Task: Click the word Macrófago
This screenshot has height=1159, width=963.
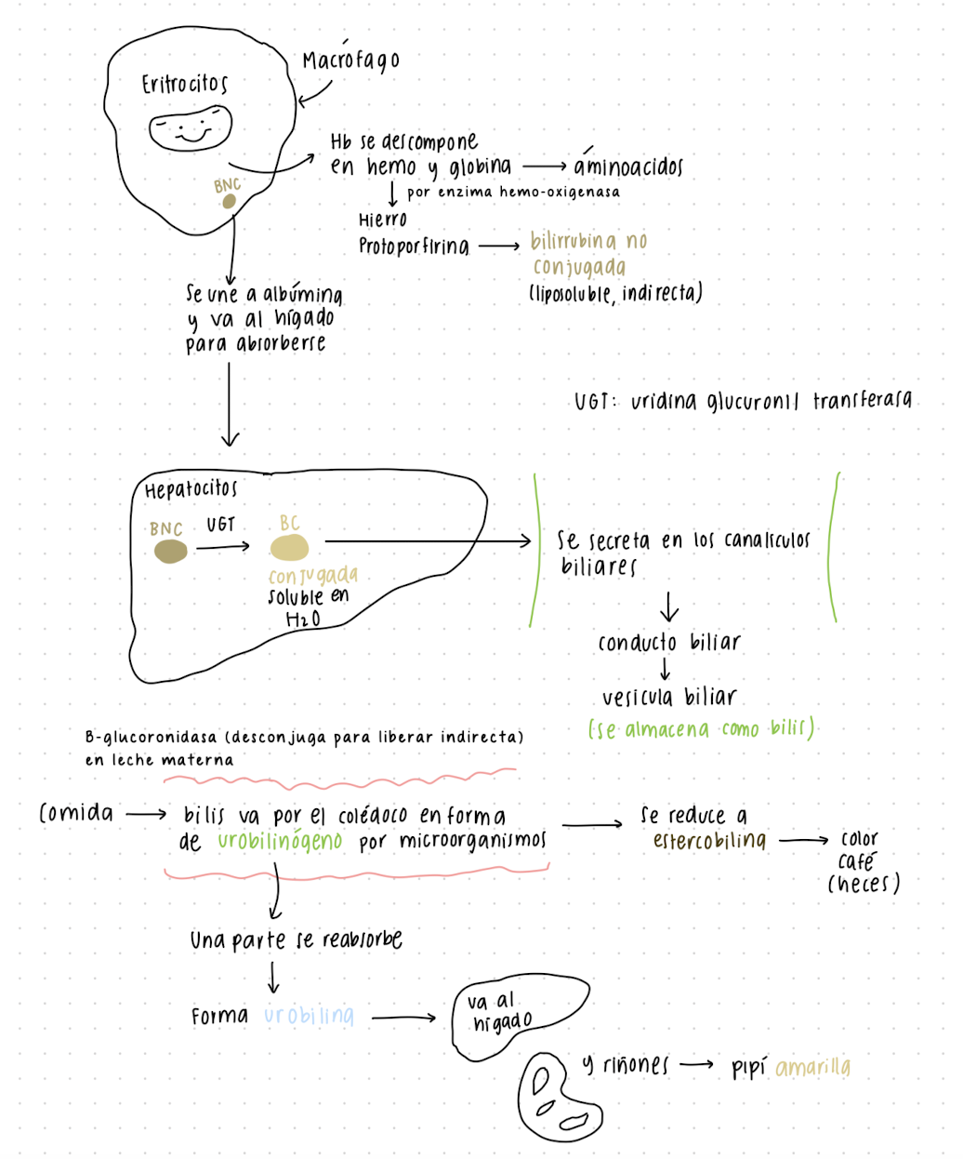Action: pos(350,60)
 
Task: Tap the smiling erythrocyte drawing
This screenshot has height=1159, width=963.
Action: pos(191,127)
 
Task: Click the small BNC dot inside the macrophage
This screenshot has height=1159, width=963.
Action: pos(228,201)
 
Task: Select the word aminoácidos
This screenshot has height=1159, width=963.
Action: pos(628,167)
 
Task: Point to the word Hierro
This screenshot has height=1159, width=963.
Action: pos(383,220)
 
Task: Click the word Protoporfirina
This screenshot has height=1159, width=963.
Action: pos(414,246)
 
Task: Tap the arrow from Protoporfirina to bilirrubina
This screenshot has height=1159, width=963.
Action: pos(499,246)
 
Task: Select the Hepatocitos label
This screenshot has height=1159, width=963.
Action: pos(191,488)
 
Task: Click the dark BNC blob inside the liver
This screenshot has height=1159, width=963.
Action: pos(170,553)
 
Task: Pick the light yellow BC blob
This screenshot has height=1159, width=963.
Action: pos(289,547)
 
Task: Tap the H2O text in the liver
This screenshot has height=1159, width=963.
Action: pos(303,619)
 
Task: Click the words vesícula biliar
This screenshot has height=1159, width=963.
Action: pos(669,697)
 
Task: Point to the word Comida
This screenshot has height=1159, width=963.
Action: pos(76,813)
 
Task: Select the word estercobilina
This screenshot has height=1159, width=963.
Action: pos(709,841)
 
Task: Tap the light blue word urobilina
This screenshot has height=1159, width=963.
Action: pos(309,1015)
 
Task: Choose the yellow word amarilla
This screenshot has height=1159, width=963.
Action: pos(812,1068)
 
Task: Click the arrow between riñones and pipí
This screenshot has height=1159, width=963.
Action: pos(696,1065)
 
